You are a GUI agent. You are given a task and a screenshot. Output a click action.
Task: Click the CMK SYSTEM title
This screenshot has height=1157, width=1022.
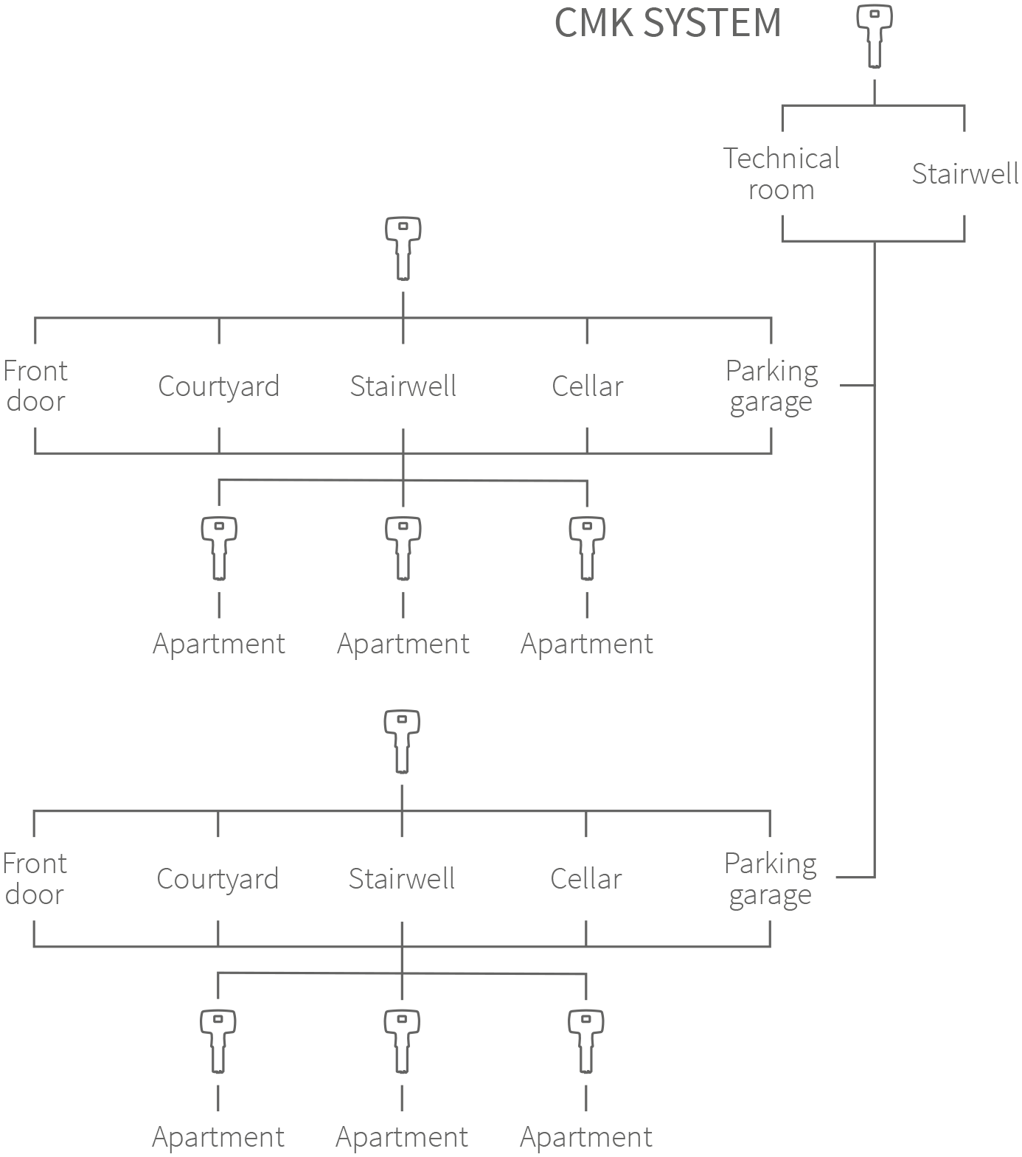pos(667,23)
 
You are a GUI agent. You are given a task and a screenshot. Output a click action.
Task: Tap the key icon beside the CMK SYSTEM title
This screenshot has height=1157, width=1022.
pos(874,36)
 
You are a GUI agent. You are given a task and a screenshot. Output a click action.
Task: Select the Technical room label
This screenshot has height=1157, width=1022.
pos(781,174)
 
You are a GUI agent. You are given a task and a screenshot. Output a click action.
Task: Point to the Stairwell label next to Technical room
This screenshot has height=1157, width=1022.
pos(964,174)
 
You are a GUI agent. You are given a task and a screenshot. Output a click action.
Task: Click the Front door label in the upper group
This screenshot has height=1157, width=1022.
pos(35,386)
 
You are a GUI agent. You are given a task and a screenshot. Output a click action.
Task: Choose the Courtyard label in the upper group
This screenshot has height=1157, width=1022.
pos(219,386)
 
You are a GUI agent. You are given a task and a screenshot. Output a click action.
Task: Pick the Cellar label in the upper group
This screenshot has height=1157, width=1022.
pos(587,386)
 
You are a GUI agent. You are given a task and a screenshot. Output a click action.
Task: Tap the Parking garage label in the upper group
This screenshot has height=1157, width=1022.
pos(771,386)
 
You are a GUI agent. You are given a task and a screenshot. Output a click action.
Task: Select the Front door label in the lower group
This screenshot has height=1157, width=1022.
pos(35,878)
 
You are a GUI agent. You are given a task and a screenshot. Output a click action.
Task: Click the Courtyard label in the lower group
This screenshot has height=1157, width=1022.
pos(218,879)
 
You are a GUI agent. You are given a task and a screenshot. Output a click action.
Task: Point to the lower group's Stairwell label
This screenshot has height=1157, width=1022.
pos(401,878)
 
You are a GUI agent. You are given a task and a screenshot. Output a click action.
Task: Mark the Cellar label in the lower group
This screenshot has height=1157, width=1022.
pos(585,878)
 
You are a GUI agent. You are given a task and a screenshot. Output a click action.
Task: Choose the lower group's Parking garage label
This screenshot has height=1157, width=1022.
pos(770,879)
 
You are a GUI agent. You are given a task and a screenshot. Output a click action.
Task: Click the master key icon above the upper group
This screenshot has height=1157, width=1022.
pos(403,248)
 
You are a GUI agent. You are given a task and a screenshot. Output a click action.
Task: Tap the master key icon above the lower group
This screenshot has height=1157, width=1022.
pos(402,741)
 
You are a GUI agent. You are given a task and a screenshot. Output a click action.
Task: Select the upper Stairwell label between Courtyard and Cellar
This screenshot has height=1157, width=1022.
pos(403,386)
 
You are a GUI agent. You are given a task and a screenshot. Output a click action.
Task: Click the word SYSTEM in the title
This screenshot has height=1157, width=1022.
pos(711,23)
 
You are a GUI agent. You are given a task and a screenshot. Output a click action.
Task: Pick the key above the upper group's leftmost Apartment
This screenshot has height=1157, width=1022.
pos(219,548)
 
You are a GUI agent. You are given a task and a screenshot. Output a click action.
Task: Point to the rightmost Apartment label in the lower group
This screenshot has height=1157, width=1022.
pos(585,1137)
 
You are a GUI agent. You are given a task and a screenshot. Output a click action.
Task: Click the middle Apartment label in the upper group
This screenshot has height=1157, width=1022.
pos(403,644)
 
